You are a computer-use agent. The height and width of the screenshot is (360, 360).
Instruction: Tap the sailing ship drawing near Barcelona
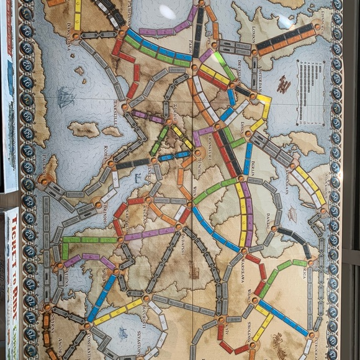[x=65, y=96]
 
